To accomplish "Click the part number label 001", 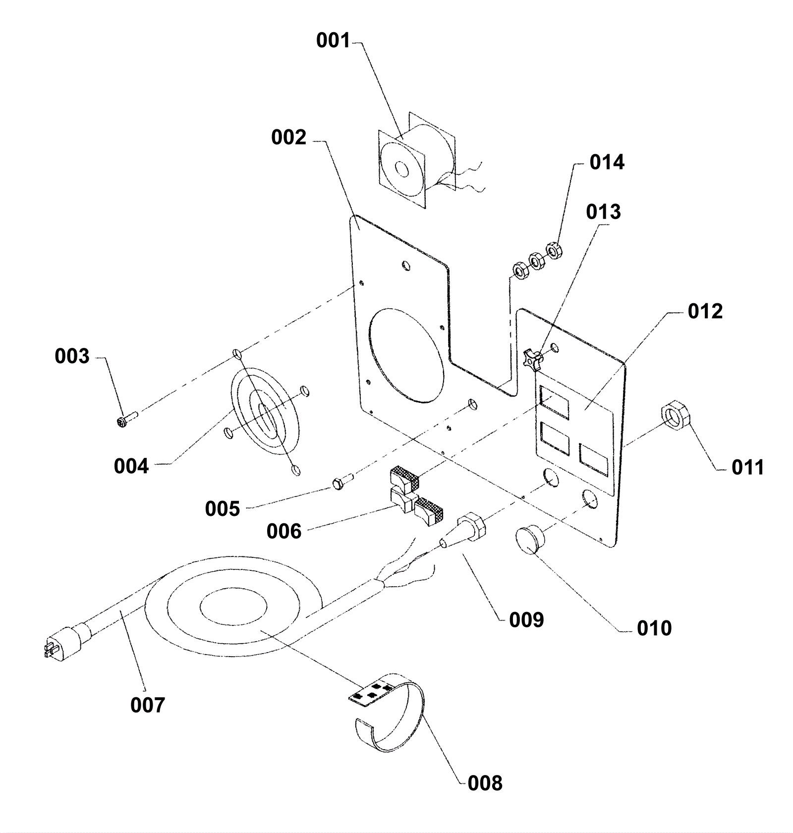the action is coord(333,41).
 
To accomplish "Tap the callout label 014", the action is coord(607,163).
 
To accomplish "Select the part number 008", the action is coord(485,783).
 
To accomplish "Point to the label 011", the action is coord(748,467).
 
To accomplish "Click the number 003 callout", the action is coord(72,356).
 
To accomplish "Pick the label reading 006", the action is coord(283,532).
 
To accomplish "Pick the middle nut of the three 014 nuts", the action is coord(536,260).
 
